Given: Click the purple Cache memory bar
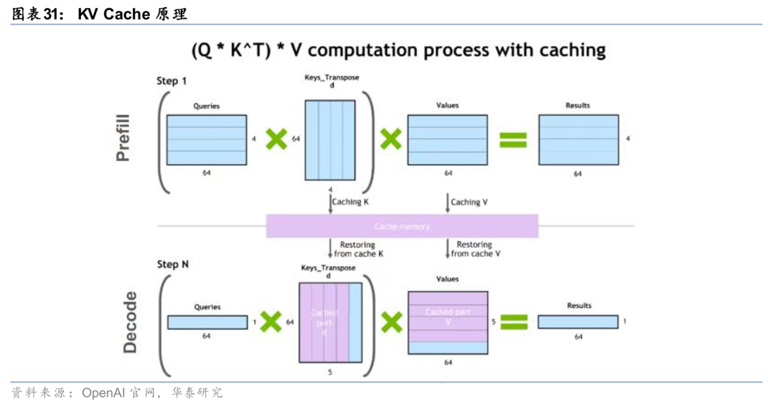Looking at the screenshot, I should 402,226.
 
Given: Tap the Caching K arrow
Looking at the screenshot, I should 331,203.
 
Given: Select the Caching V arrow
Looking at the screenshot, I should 448,203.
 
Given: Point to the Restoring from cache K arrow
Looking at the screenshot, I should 331,249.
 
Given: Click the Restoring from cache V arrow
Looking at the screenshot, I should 448,249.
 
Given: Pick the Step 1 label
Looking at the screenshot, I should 172,81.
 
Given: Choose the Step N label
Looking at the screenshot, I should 173,264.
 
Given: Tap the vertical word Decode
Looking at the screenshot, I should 130,321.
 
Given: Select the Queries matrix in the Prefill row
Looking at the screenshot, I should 206,139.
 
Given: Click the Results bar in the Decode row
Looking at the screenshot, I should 578,322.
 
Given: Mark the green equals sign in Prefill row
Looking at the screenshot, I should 513,139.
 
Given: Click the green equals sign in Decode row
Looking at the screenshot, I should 514,322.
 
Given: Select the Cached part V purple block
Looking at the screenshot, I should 448,317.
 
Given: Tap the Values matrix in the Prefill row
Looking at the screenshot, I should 447,139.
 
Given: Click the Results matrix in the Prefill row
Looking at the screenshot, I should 578,139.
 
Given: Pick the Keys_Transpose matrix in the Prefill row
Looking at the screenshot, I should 330,139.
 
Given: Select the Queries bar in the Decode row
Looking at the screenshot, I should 207,322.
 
